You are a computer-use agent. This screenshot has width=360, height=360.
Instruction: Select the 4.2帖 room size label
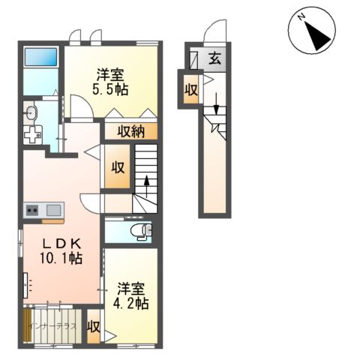pyautogui.click(x=131, y=303)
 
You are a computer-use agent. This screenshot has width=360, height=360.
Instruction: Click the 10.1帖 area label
pyautogui.click(x=61, y=258)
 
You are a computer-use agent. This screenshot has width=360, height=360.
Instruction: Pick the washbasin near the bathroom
pyautogui.click(x=30, y=114)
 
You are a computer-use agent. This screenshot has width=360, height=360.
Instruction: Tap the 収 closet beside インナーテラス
pyautogui.click(x=94, y=327)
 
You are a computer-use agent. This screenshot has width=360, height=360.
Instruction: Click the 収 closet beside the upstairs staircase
pyautogui.click(x=118, y=166)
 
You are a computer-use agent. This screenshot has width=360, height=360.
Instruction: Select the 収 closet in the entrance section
pyautogui.click(x=191, y=89)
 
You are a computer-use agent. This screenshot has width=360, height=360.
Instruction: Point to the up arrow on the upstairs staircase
pyautogui.click(x=146, y=182)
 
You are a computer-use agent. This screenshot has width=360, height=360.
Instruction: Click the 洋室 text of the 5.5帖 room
pyautogui.click(x=110, y=75)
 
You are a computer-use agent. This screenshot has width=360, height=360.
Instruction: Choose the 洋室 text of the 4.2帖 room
pyautogui.click(x=131, y=288)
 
